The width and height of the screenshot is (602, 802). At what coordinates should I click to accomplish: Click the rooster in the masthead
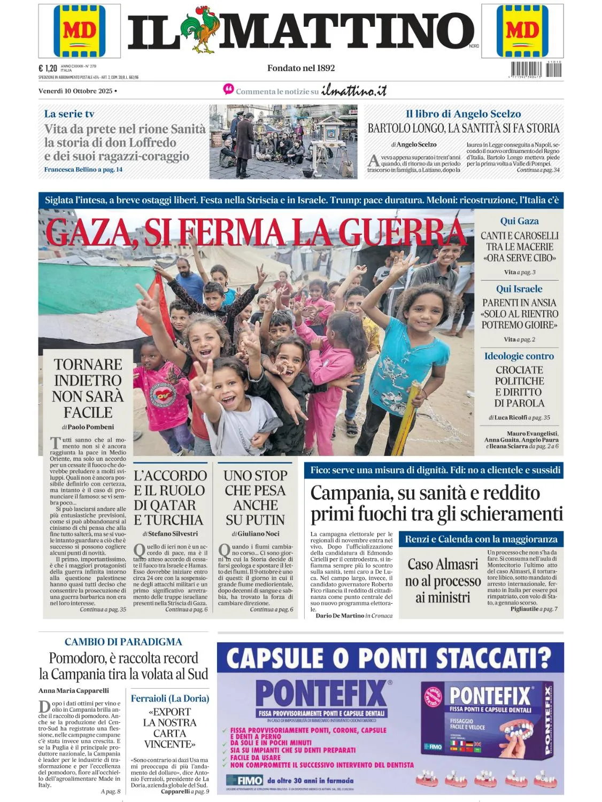(x=198, y=30)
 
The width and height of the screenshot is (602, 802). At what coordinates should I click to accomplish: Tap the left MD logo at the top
(x=79, y=31)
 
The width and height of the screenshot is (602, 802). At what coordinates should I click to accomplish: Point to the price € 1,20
(x=48, y=68)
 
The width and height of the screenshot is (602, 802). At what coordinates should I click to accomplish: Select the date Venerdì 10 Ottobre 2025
(x=75, y=91)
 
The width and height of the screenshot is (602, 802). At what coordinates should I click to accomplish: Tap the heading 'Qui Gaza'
(x=519, y=221)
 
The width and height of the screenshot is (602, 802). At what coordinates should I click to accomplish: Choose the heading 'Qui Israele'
(x=519, y=289)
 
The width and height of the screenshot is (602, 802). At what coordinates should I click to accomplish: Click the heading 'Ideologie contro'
(x=519, y=356)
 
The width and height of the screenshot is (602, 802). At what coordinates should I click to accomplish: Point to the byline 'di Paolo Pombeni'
(x=88, y=427)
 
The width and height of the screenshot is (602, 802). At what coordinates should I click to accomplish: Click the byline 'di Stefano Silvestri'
(x=170, y=534)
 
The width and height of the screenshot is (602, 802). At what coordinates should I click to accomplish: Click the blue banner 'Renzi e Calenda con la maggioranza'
(x=481, y=539)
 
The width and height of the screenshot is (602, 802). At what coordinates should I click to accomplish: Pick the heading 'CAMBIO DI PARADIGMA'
(x=123, y=642)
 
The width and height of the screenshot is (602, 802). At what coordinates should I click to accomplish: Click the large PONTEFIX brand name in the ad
(x=321, y=693)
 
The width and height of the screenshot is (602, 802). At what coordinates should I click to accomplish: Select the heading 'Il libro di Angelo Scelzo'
(x=463, y=113)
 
